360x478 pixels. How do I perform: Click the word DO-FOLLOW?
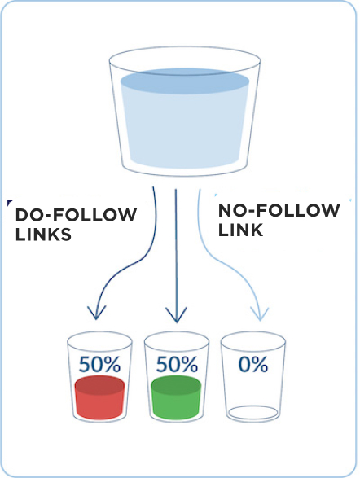[76, 215]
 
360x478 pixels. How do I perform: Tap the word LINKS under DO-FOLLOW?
[43, 235]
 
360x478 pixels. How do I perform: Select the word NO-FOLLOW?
[279, 210]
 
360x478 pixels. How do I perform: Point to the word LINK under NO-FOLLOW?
[240, 230]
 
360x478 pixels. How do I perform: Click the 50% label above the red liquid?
[99, 364]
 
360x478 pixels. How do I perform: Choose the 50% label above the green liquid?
[177, 364]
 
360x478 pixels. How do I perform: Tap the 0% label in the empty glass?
[253, 364]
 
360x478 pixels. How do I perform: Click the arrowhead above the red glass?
[96, 313]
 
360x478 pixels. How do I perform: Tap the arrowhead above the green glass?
[176, 315]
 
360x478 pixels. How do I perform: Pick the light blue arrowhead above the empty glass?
[260, 314]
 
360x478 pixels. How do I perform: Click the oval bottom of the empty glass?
[253, 413]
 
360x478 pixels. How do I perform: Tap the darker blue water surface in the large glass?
[185, 81]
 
